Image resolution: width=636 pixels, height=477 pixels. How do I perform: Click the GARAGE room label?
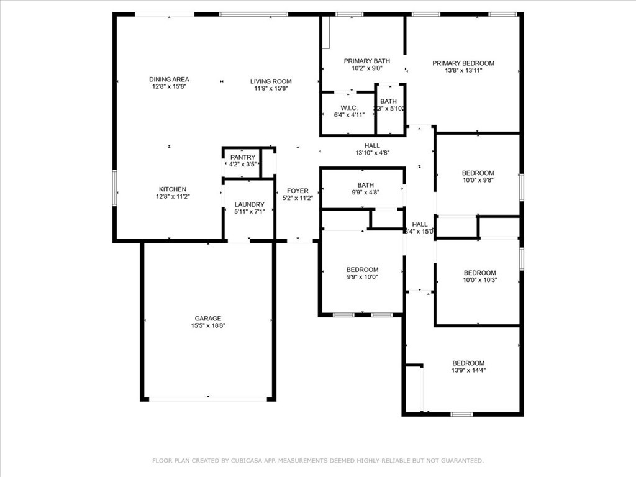(208, 319)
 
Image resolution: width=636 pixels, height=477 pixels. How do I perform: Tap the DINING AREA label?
(169, 79)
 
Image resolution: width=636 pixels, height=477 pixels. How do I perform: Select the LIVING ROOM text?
(271, 81)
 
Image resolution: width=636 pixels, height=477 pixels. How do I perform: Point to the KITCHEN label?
(172, 189)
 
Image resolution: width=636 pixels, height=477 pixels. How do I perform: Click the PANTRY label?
(242, 158)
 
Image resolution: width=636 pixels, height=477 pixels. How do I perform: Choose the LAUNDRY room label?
(249, 205)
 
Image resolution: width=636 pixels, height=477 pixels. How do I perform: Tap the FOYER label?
(298, 191)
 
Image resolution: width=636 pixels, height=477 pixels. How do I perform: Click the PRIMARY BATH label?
(367, 61)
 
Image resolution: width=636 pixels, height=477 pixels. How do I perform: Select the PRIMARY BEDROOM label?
(463, 63)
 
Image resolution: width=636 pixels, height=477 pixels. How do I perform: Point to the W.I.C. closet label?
(347, 107)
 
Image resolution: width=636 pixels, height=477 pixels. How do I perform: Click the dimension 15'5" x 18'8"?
(208, 325)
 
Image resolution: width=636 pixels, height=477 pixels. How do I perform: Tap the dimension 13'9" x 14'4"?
(468, 370)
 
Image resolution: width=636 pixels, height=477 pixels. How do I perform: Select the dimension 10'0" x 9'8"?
(478, 180)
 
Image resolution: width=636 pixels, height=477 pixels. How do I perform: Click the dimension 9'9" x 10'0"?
(362, 277)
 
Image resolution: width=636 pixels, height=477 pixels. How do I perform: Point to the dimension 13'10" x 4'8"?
(373, 153)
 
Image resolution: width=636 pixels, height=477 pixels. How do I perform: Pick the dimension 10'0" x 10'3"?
(480, 280)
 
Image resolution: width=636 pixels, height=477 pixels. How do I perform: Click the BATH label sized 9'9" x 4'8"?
(365, 185)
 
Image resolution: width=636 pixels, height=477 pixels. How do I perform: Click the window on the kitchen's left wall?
(115, 188)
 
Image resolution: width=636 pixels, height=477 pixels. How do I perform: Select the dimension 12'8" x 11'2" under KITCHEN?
(172, 196)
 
